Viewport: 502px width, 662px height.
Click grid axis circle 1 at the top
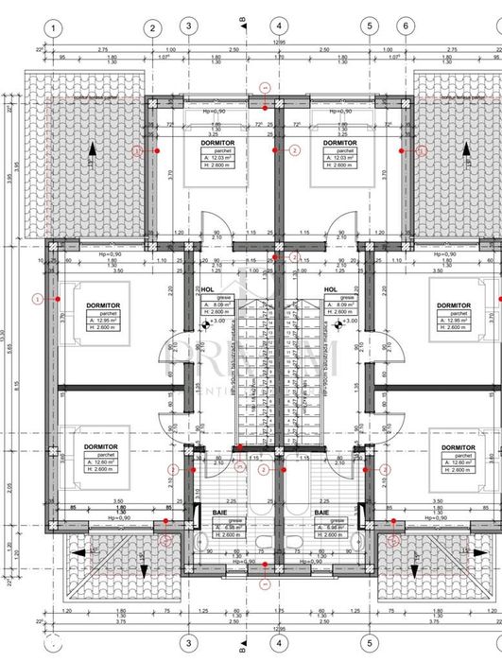pyautogui.click(x=54, y=28)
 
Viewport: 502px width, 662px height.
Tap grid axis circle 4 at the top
pyautogui.click(x=276, y=26)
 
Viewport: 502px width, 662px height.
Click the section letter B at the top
pyautogui.click(x=242, y=19)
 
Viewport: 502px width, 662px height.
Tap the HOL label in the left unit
pyautogui.click(x=208, y=290)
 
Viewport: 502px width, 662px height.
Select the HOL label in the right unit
pyautogui.click(x=331, y=290)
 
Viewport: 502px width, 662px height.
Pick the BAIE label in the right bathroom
pyautogui.click(x=322, y=514)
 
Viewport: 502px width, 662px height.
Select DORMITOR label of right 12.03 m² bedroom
pyautogui.click(x=339, y=143)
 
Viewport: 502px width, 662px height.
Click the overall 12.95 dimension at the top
pyautogui.click(x=276, y=42)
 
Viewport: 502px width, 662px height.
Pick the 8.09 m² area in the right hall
pyautogui.click(x=338, y=305)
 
